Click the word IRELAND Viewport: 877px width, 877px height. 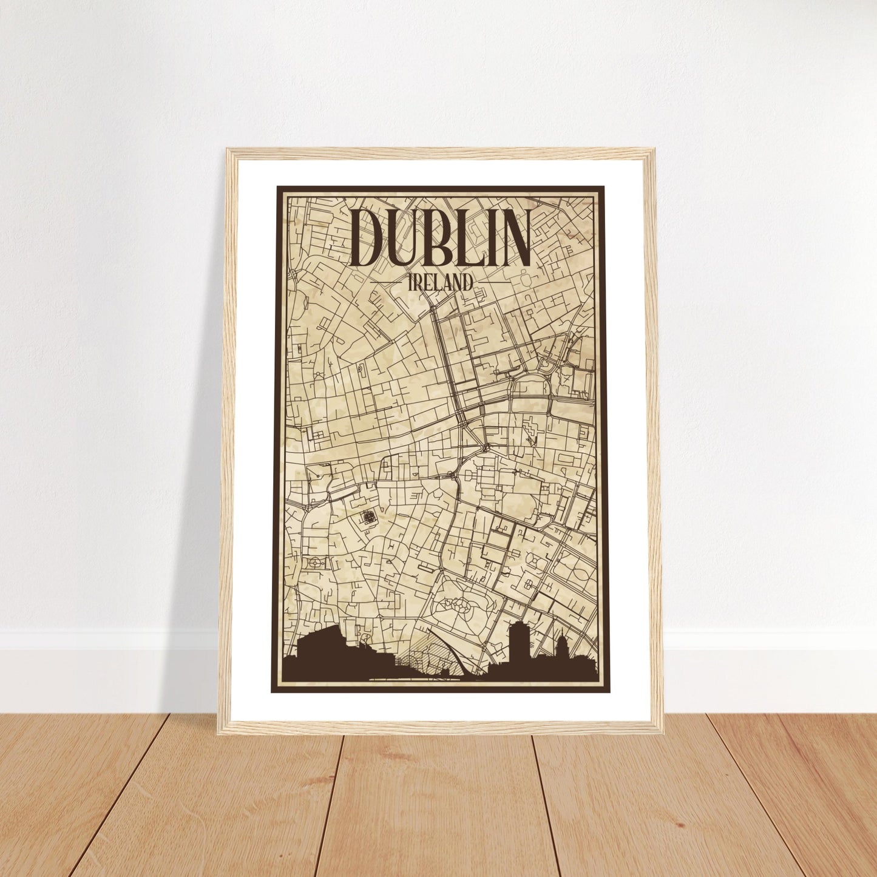point(441,282)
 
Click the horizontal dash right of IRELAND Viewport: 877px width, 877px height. point(493,282)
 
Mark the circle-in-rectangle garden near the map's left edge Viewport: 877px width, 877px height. point(316,563)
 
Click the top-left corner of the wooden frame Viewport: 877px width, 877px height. point(229,151)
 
